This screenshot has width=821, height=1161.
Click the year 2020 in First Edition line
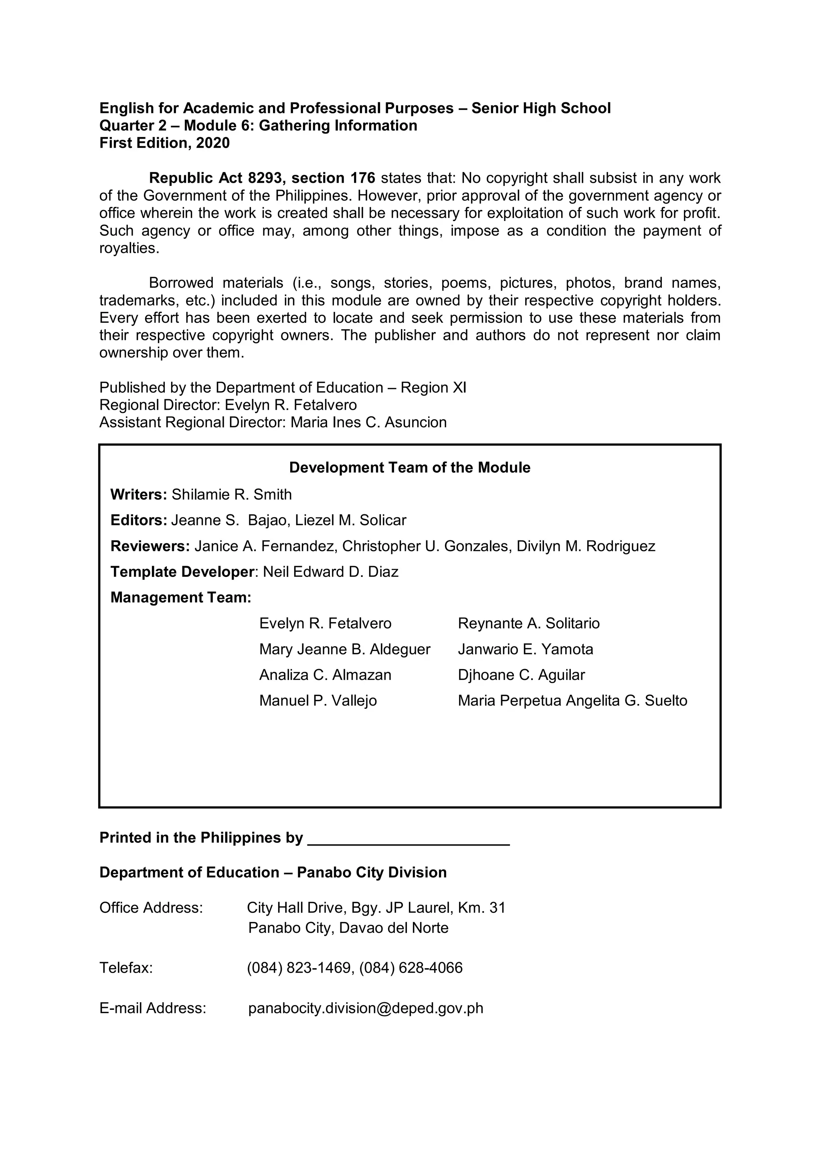click(x=213, y=143)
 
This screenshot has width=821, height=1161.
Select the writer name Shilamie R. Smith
click(x=232, y=495)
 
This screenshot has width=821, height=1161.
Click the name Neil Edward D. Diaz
click(x=331, y=572)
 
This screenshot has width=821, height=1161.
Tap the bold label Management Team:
click(x=181, y=598)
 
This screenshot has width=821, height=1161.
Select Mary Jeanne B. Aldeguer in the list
click(x=345, y=649)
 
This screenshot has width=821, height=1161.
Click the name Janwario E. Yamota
click(x=525, y=649)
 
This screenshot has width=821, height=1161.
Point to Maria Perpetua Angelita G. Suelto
click(x=572, y=701)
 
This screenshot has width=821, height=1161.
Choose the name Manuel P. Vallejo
click(x=318, y=701)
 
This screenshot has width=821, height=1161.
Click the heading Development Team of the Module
click(x=409, y=468)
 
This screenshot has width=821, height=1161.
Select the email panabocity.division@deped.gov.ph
click(x=366, y=1008)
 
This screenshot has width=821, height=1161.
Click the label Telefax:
click(x=126, y=968)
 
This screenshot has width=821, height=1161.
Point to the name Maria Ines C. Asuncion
click(x=368, y=422)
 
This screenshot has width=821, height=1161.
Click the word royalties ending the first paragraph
click(x=129, y=248)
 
